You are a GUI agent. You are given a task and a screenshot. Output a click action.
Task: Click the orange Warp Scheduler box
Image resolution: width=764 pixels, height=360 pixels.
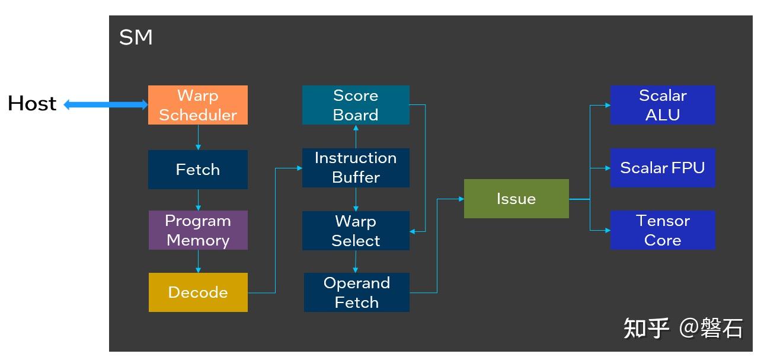coord(197,105)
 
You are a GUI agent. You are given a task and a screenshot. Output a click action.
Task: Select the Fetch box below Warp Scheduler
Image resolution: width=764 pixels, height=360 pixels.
coord(197,170)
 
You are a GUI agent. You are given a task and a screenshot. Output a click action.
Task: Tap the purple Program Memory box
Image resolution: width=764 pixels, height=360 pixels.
coord(197,230)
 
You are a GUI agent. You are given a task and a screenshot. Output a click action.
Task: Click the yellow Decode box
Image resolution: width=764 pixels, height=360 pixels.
coord(197,292)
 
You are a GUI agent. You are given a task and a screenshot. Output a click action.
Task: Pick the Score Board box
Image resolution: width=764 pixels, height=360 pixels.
coord(356,105)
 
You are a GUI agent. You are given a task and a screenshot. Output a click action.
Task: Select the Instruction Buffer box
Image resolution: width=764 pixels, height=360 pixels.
coord(356,168)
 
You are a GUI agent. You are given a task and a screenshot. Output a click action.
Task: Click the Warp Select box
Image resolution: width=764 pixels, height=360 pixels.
coord(356,231)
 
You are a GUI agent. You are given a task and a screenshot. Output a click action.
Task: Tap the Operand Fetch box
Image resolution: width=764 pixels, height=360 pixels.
coord(356,292)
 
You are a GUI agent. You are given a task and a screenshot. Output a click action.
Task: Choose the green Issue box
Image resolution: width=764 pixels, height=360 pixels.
coord(516,199)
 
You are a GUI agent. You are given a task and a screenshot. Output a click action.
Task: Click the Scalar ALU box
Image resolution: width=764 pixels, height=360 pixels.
coord(663,105)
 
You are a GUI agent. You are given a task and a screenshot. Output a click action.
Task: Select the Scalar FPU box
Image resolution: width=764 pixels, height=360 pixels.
coord(663,168)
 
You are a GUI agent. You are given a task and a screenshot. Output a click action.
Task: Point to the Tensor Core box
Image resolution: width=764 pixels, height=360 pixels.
coord(663,230)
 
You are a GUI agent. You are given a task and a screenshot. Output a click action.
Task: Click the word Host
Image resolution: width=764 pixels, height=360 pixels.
coord(32,104)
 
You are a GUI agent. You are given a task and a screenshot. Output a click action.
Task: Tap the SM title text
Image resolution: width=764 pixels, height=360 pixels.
coord(136,38)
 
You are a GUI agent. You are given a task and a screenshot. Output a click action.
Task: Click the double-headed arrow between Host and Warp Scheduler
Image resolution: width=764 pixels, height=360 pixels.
coord(106,105)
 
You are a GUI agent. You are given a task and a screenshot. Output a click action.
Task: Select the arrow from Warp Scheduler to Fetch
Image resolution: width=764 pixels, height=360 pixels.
coord(198,138)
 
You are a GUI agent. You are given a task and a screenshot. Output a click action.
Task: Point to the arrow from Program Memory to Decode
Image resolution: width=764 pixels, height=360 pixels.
coord(198,262)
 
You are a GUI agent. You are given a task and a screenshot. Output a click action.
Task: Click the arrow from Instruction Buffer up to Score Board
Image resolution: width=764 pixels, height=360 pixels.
coord(356,136)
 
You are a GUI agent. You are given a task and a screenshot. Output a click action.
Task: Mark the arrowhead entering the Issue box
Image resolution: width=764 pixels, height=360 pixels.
coord(460,199)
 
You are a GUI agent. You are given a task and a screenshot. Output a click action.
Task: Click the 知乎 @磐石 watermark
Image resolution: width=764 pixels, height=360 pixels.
coord(682,328)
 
